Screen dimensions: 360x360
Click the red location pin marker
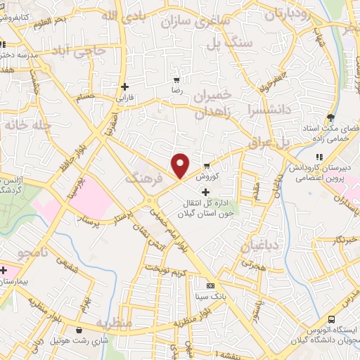click(x=181, y=165)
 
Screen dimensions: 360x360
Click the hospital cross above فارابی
click(x=125, y=87)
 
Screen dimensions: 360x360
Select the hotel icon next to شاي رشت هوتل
click(x=79, y=330)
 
